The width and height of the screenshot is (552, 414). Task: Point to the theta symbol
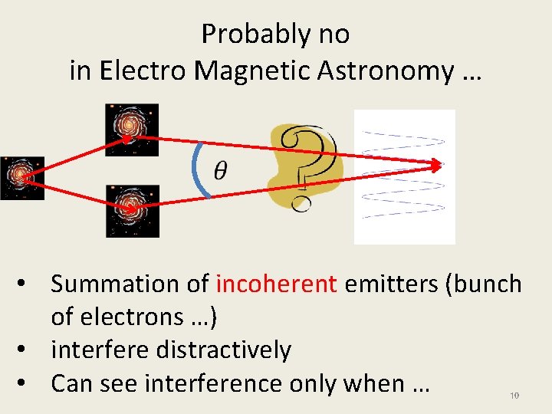click(220, 170)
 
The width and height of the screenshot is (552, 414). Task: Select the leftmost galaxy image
click(21, 178)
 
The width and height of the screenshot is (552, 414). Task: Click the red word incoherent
click(276, 284)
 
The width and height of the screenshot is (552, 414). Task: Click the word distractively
click(223, 350)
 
